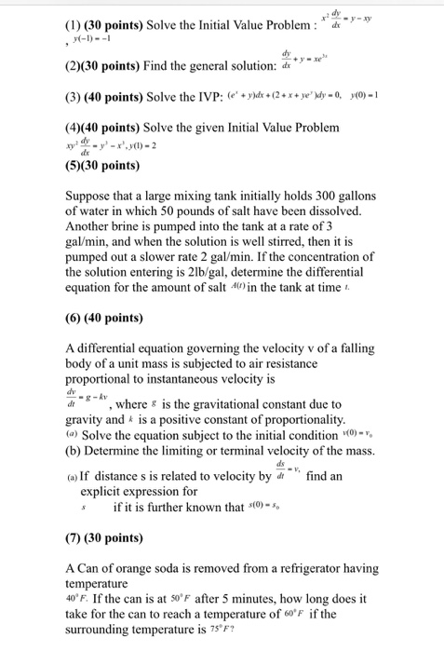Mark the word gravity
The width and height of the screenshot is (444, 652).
pyautogui.click(x=88, y=421)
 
